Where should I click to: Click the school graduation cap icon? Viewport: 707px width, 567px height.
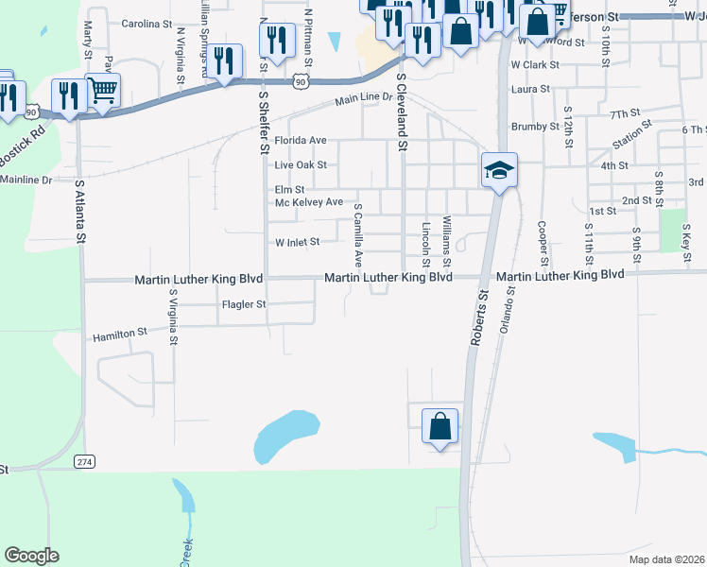(499, 170)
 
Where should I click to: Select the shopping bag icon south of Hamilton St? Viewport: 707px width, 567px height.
(440, 425)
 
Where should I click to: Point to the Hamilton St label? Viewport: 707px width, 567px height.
(119, 334)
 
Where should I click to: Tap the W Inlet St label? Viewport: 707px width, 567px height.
(298, 242)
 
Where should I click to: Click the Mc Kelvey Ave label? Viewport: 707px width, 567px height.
(309, 202)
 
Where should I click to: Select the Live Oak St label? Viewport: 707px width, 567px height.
(300, 164)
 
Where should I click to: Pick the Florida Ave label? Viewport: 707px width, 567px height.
(300, 140)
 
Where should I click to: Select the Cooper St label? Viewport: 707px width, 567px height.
(543, 243)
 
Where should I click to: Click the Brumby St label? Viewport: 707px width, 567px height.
(535, 126)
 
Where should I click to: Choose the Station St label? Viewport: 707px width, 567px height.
(633, 135)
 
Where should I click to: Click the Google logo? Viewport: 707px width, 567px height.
(31, 556)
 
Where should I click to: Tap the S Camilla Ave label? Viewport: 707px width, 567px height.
(358, 235)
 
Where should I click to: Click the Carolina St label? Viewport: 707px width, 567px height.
(147, 23)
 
